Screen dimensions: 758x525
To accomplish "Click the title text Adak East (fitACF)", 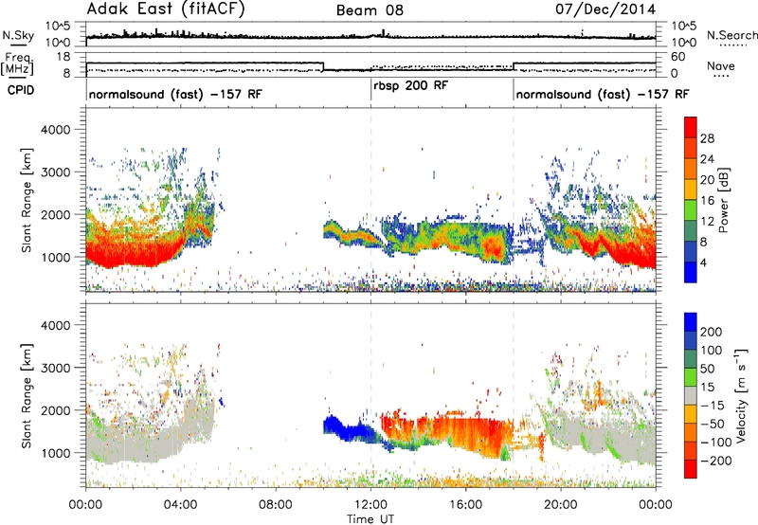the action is pos(166,9).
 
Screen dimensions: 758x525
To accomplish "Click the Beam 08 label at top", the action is pos(370,10).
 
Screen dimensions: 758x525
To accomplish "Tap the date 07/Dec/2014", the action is pos(605,9).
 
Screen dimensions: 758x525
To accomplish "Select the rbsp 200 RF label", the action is pos(411,85).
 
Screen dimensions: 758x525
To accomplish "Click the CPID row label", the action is pos(21,90).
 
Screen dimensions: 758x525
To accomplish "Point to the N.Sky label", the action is pos(18,35).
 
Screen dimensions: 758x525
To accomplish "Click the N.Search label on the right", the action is pos(731,35).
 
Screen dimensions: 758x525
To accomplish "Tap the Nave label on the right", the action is pos(721,65).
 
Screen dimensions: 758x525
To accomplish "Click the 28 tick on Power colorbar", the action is pos(707,138).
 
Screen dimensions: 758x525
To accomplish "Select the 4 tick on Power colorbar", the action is pos(704,262).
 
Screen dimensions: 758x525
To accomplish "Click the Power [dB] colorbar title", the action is pos(724,200).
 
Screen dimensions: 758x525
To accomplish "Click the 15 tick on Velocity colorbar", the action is pos(707,388).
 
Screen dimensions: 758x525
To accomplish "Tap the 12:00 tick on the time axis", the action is pos(370,505).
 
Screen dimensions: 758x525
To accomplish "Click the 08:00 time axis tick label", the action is pos(276,505).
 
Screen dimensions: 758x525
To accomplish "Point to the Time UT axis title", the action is pos(370,518).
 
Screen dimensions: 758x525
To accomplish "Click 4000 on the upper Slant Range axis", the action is pos(55,130).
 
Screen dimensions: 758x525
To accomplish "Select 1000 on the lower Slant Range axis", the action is pos(55,453).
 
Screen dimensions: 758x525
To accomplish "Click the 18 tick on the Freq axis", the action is pos(63,57).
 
